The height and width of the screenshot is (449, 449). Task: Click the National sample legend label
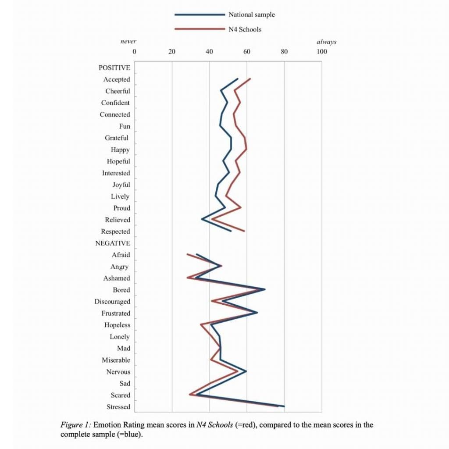(251, 14)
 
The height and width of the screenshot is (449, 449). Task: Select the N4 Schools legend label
(245, 29)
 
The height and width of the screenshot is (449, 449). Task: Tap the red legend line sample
(200, 29)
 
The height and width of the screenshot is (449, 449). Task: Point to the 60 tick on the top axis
(246, 52)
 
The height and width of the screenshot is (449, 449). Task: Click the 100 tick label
(322, 52)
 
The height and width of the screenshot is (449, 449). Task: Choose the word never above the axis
(128, 42)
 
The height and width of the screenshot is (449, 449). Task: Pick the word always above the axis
(326, 42)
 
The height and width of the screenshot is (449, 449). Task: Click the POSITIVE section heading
(114, 68)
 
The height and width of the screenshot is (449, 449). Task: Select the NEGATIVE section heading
(113, 243)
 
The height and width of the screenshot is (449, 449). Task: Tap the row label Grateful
(117, 138)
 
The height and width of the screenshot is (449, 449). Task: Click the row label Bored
(121, 290)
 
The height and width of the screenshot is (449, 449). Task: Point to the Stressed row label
(118, 407)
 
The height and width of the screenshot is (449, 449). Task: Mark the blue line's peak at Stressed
(284, 406)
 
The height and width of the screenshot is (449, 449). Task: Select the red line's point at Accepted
(250, 79)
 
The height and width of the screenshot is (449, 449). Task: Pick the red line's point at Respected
(244, 231)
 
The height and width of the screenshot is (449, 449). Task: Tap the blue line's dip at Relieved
(202, 219)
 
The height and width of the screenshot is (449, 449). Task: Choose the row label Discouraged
(112, 302)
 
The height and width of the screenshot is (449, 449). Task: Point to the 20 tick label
(172, 52)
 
